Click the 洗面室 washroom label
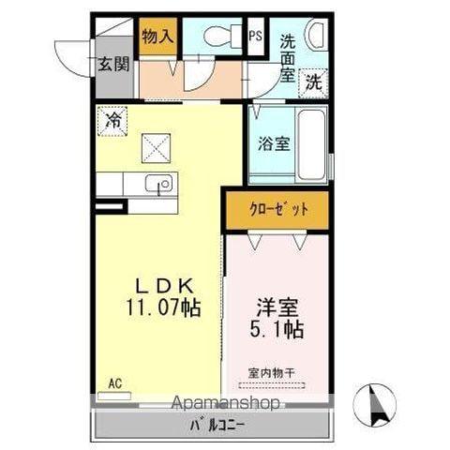coord(287,58)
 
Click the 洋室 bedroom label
coord(277,307)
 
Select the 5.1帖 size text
coord(277,330)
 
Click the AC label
coord(114,383)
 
